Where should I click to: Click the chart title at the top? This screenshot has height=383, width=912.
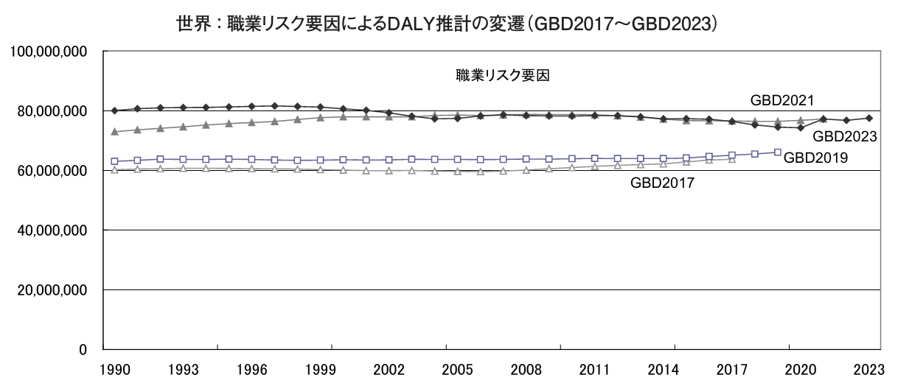pyautogui.click(x=448, y=24)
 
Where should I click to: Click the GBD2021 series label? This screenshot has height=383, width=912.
pyautogui.click(x=782, y=100)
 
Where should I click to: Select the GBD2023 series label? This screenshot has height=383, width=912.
pyautogui.click(x=843, y=136)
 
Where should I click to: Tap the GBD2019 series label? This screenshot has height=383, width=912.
pyautogui.click(x=816, y=157)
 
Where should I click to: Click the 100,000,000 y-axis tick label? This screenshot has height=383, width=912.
pyautogui.click(x=48, y=52)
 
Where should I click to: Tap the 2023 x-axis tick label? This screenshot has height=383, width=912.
pyautogui.click(x=869, y=368)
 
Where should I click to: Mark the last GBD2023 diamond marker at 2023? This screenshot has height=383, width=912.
pyautogui.click(x=869, y=118)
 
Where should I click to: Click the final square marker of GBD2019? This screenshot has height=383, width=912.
pyautogui.click(x=778, y=152)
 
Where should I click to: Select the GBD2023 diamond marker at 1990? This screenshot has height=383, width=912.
pyautogui.click(x=114, y=110)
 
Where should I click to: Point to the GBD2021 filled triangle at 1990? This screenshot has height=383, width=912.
pyautogui.click(x=114, y=131)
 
